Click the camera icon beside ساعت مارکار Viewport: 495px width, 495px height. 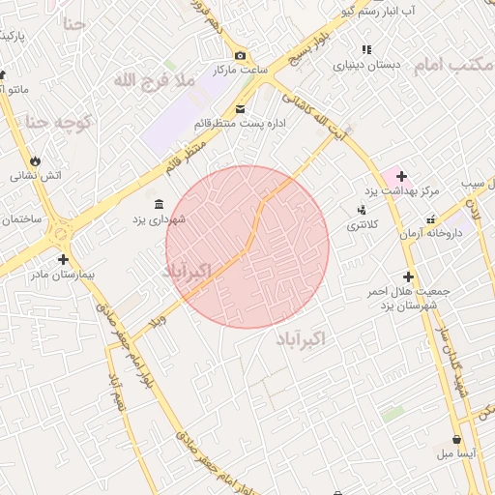tap(240, 55)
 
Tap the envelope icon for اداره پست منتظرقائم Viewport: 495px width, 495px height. tap(240, 108)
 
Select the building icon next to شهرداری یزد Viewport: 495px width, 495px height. tap(159, 203)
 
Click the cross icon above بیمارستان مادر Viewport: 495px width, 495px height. tap(63, 259)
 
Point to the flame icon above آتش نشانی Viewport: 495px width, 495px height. tap(37, 160)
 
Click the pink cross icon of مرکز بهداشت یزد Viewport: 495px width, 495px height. tap(400, 176)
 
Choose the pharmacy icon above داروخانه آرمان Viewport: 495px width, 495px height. tap(430, 219)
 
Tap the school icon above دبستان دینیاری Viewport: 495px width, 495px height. tap(365, 49)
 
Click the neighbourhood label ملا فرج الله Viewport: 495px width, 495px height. tap(155, 80)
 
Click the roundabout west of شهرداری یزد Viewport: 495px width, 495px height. tap(62, 233)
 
